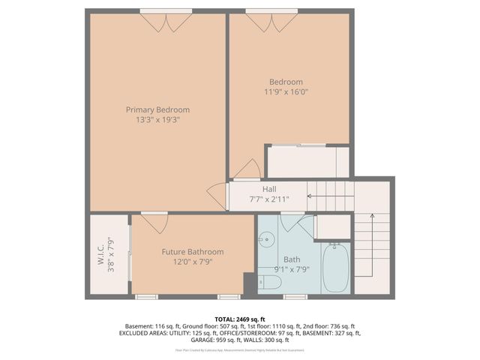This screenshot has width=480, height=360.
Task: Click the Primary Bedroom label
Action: coord(157,109)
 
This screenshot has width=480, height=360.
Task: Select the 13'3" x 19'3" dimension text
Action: coord(157,119)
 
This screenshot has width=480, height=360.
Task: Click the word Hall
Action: coord(271,189)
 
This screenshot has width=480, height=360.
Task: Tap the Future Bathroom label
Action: coord(193,252)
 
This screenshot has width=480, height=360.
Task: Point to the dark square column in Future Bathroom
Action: coord(248,283)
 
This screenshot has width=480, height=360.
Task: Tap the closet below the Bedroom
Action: coord(308,162)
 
